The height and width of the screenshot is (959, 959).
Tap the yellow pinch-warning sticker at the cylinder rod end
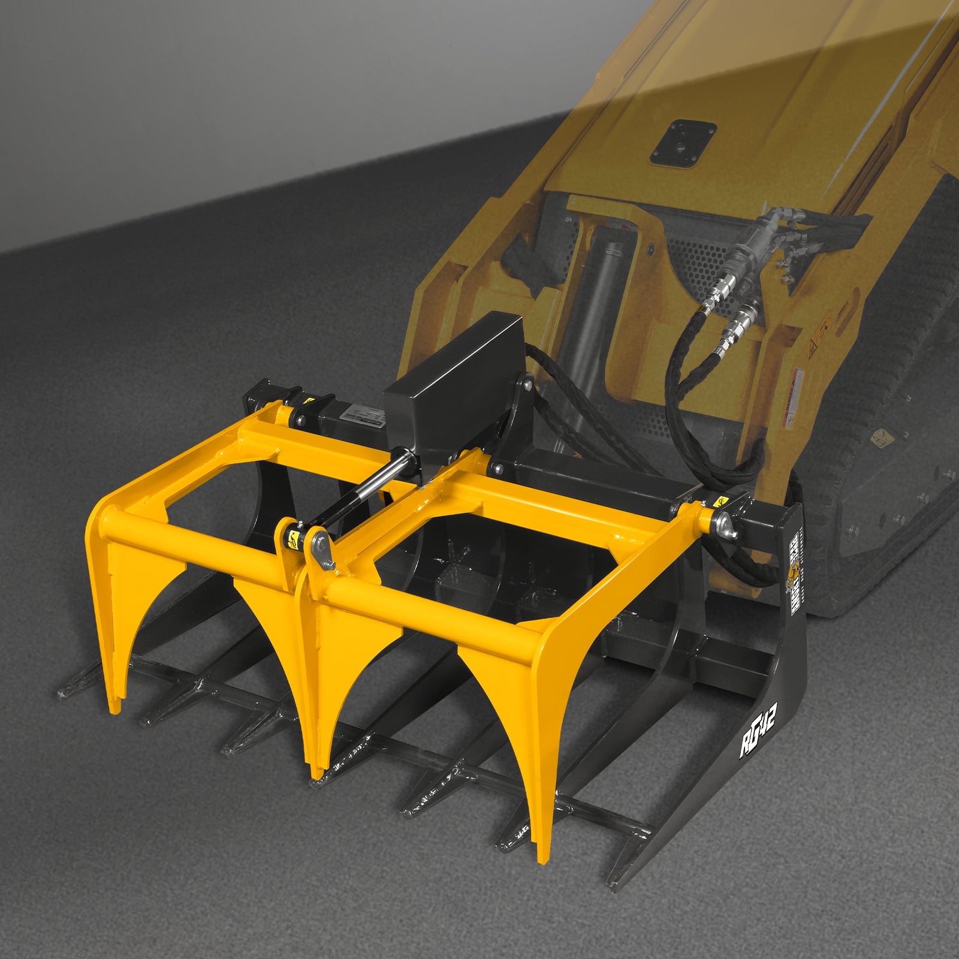click(x=293, y=540)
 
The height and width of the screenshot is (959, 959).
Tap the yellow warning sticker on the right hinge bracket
click(x=719, y=502)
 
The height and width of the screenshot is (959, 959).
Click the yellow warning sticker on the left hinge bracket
click(x=308, y=400)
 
